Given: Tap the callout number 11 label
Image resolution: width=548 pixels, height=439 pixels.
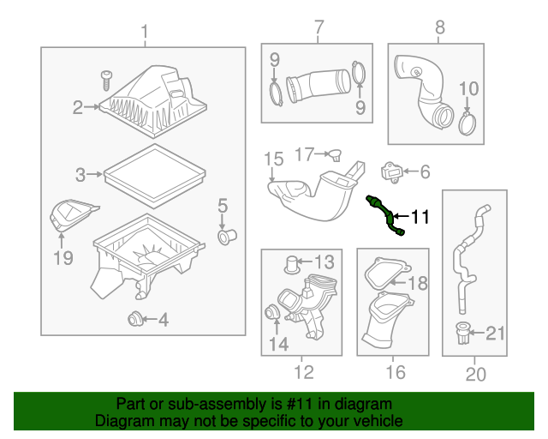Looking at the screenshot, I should pos(420,217).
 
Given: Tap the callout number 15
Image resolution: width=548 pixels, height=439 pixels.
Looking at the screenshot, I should pos(272,159).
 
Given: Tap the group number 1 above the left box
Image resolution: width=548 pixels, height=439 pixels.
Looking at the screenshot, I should pos(144,33).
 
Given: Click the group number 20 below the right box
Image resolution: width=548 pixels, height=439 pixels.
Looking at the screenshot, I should pos(475,374).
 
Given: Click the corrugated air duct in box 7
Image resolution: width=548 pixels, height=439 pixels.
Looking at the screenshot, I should pos(314,87).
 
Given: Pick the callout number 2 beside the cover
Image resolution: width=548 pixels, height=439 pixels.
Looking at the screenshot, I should pos(77,107).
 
